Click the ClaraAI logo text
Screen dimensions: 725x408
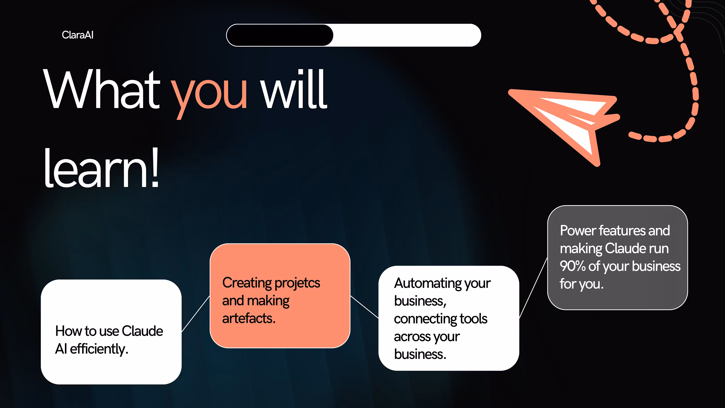pyautogui.click(x=77, y=35)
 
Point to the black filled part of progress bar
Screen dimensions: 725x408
pyautogui.click(x=280, y=35)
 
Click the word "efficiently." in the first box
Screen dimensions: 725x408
pyautogui.click(x=99, y=349)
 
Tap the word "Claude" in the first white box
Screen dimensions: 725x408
pyautogui.click(x=142, y=331)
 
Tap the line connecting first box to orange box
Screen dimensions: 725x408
pyautogui.click(x=196, y=314)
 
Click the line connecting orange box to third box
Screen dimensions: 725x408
pyautogui.click(x=364, y=307)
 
